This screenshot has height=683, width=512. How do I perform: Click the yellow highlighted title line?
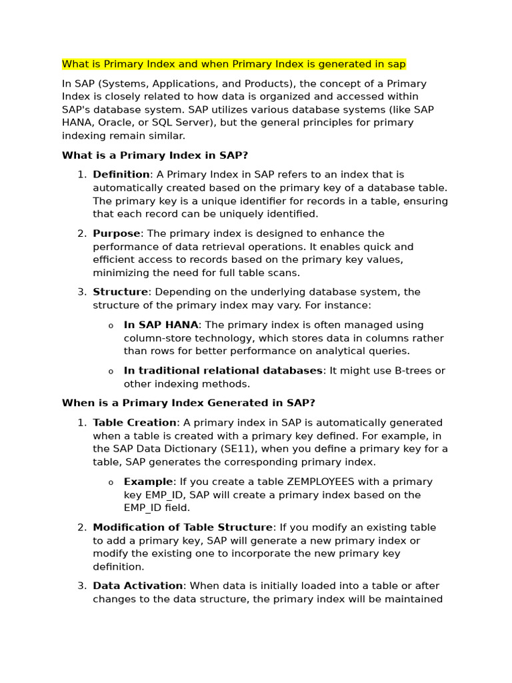(233, 64)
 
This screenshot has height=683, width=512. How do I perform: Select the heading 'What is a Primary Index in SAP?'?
(155, 155)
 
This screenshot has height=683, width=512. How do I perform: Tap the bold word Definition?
(121, 175)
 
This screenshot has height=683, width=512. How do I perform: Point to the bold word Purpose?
(117, 233)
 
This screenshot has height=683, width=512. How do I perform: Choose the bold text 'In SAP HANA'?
(161, 325)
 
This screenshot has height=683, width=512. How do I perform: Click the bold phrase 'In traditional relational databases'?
(223, 371)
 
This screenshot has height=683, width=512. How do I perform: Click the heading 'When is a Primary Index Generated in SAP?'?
(188, 403)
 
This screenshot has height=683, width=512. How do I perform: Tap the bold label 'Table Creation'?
(135, 423)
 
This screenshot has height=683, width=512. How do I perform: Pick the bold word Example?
(148, 482)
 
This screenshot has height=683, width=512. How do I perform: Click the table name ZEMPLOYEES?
(321, 482)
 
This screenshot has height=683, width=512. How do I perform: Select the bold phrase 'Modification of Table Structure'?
(183, 528)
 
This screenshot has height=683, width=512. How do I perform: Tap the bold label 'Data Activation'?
(138, 586)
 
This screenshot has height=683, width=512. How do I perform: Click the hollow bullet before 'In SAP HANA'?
(111, 325)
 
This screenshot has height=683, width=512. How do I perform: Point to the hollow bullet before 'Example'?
(111, 482)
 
